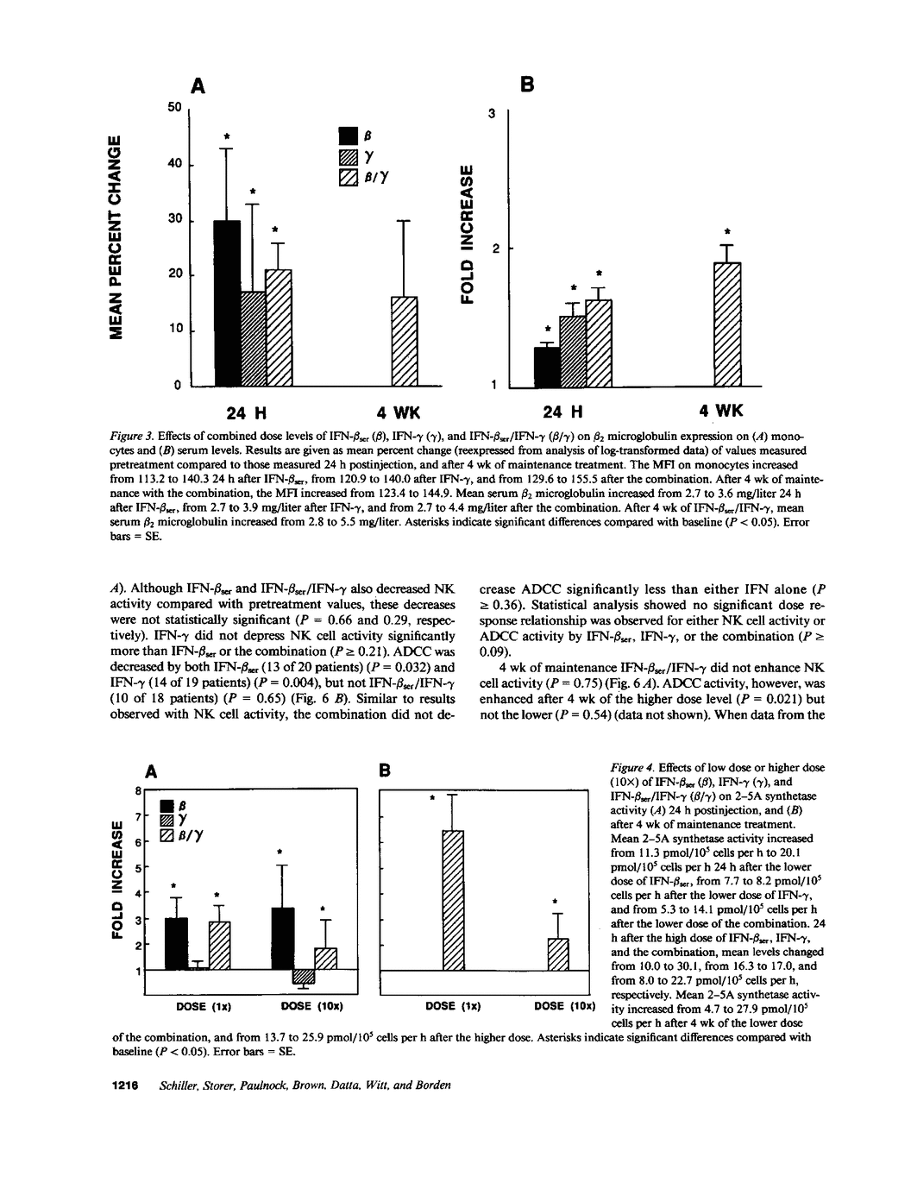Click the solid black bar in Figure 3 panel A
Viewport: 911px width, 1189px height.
227,303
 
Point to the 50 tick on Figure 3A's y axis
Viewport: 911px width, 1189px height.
175,108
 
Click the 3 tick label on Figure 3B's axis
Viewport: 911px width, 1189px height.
493,113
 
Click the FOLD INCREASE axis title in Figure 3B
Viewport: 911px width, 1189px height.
468,233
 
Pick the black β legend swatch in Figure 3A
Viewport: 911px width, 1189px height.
349,135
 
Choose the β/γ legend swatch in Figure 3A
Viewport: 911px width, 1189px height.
349,177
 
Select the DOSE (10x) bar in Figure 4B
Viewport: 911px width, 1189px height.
559,953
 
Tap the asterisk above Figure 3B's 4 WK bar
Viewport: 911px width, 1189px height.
728,231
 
